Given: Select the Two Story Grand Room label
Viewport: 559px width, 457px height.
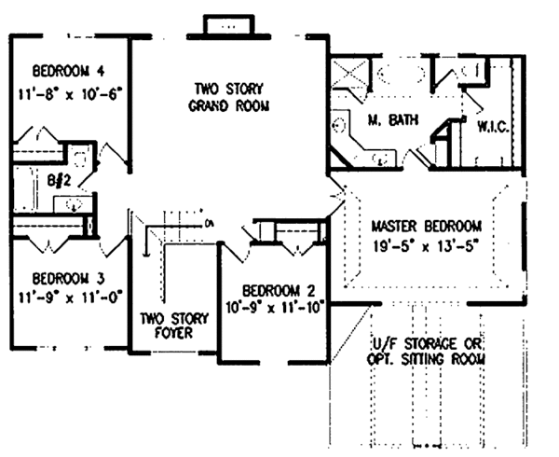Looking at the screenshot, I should click(229, 97).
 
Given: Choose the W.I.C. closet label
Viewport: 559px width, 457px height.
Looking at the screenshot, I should click(491, 126).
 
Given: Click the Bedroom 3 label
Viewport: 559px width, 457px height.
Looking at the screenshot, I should click(64, 279).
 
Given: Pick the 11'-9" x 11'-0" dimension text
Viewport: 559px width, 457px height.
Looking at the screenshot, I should click(64, 300).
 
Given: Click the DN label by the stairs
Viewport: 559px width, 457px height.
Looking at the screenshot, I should click(209, 222).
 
